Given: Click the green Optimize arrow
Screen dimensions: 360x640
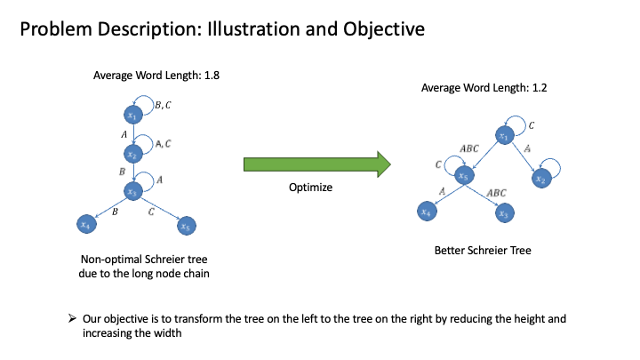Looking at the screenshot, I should coord(316,164).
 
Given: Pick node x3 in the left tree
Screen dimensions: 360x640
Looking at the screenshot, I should coord(132,190).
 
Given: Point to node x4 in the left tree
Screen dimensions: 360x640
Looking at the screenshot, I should coord(85,226).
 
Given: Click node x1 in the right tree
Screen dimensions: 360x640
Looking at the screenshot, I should coord(504,136).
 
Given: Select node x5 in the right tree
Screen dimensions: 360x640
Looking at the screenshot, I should coord(462,177).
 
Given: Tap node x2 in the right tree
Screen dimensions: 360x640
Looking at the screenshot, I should coord(540,177).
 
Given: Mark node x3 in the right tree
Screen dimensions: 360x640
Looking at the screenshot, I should coord(503,212).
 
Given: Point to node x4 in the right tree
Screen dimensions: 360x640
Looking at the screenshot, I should coord(428,212).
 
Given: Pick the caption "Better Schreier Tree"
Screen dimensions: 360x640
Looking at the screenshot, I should coord(481,251).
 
